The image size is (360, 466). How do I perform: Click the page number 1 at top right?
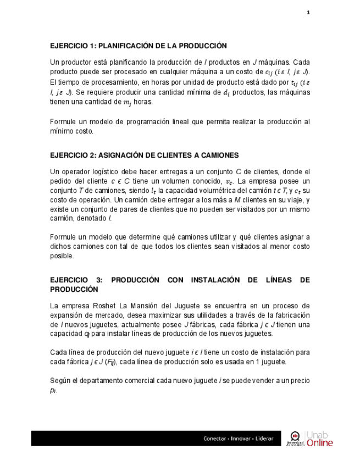[308, 13]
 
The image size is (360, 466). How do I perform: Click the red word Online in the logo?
[320, 443]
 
